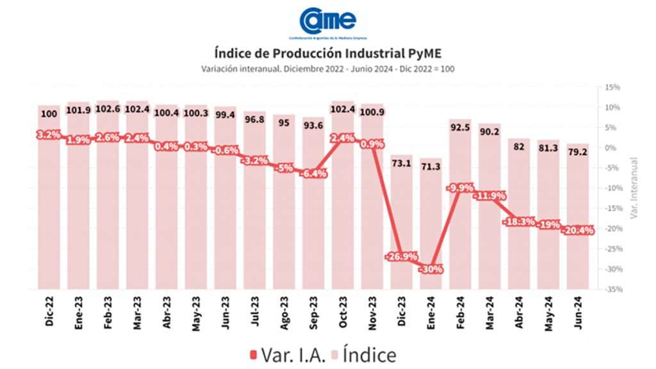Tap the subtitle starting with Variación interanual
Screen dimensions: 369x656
tap(327, 69)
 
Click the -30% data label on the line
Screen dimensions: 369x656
tap(430, 269)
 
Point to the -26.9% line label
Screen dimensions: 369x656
tap(402, 257)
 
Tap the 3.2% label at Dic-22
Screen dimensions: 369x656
tap(49, 135)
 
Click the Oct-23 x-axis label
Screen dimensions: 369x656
tap(343, 313)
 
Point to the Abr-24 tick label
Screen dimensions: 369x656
tap(520, 313)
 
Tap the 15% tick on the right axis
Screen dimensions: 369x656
tap(613, 87)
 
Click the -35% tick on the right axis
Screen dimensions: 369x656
tap(614, 290)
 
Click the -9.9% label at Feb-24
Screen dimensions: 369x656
tap(461, 188)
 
